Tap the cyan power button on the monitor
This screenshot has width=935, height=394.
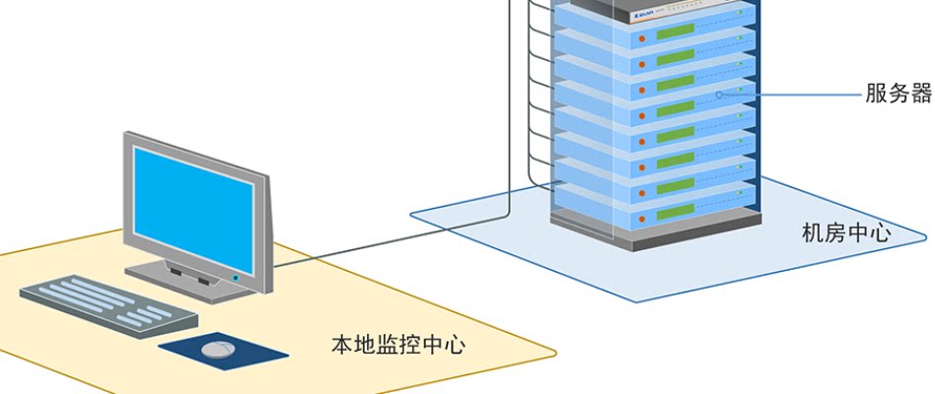(x=236, y=279)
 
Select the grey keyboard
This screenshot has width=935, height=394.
(x=108, y=304)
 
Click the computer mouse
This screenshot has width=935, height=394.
(x=218, y=349)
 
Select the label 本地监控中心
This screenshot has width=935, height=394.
(x=397, y=346)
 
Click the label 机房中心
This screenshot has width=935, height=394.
(x=846, y=233)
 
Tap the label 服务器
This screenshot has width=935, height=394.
(x=898, y=95)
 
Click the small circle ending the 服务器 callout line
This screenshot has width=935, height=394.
(x=720, y=96)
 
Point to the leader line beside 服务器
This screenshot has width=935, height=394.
(x=799, y=96)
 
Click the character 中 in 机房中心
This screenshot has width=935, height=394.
(x=857, y=233)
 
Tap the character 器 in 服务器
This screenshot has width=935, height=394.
(x=920, y=95)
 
